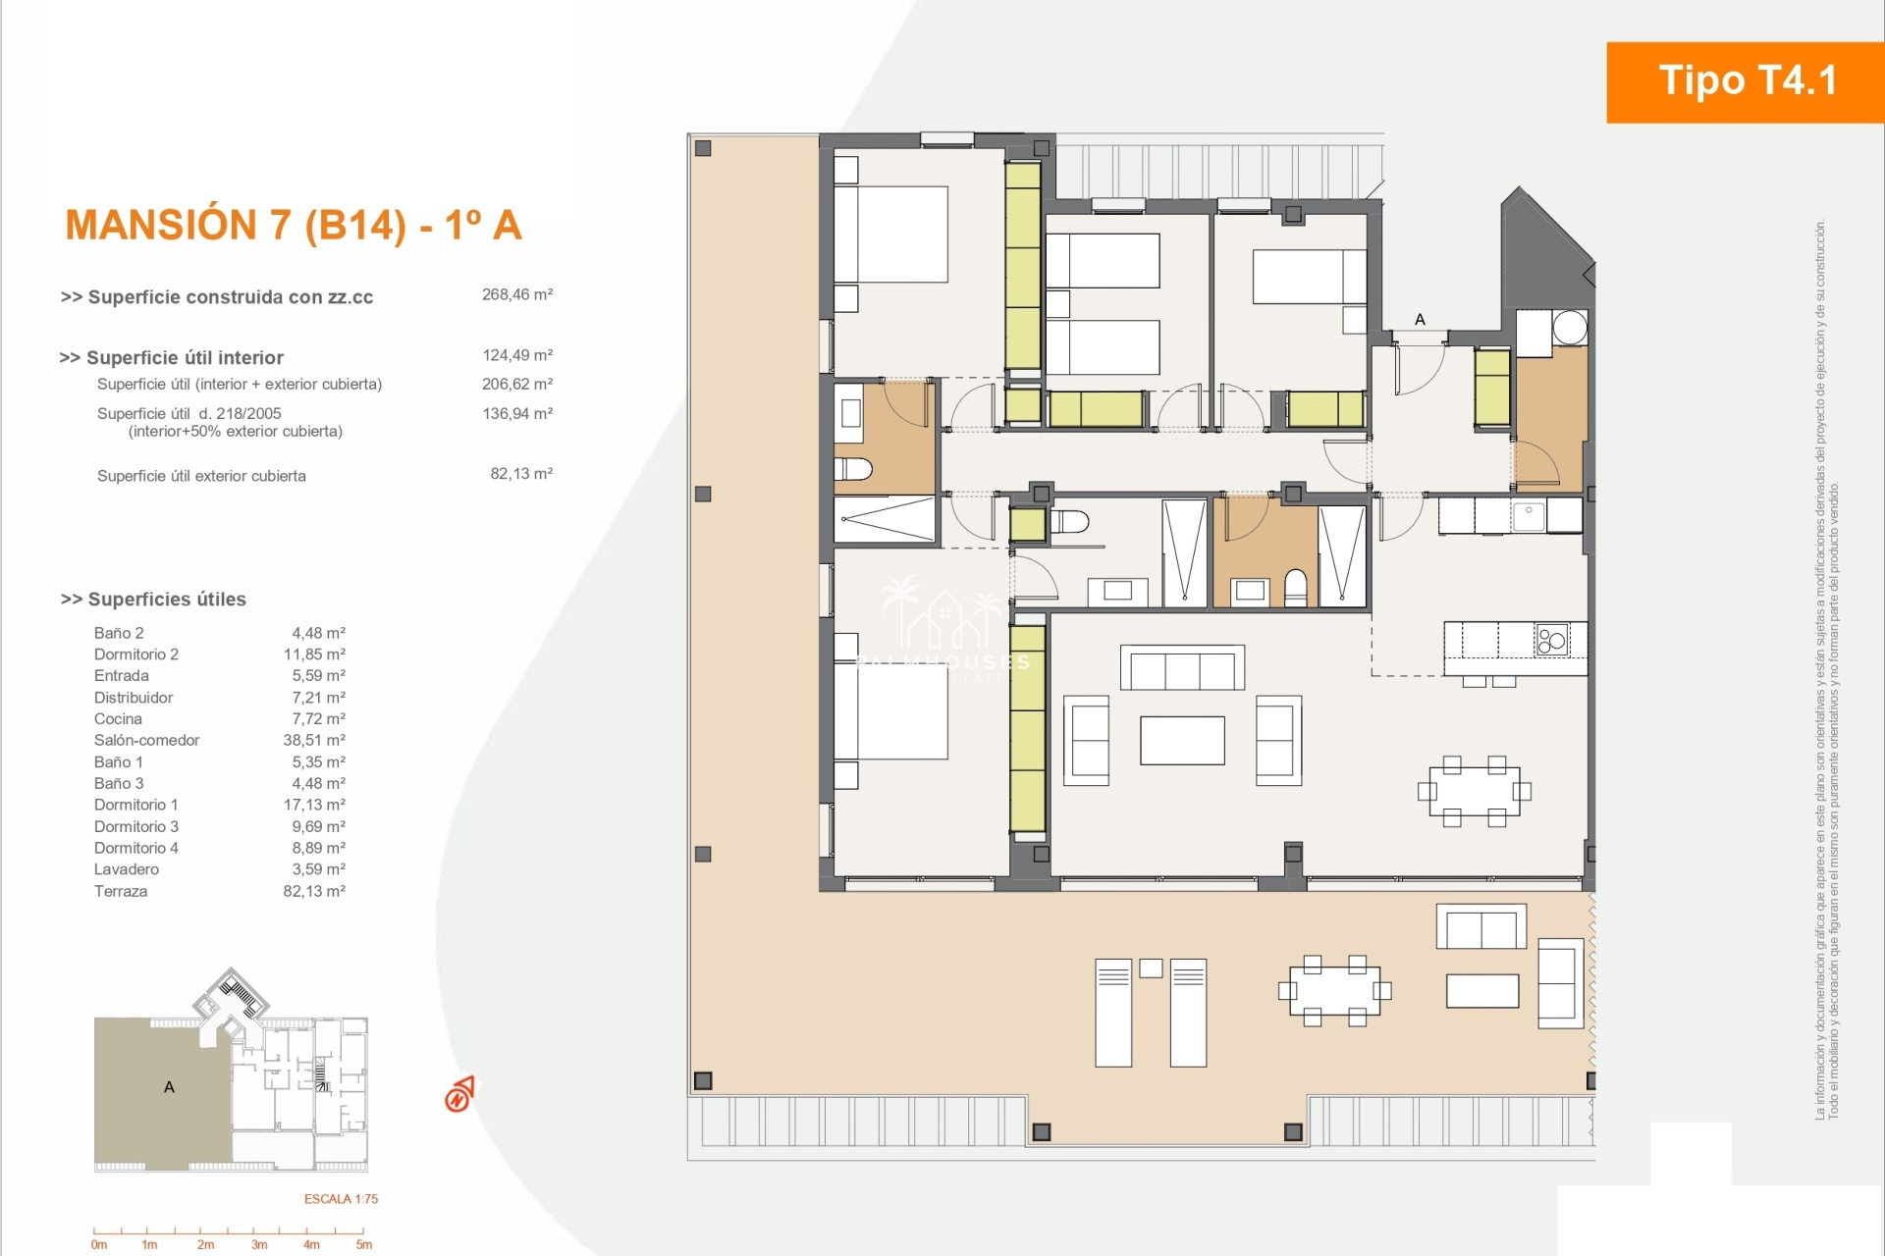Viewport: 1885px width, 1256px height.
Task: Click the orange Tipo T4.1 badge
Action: point(1746,82)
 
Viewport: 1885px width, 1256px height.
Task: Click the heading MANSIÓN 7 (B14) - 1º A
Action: point(294,225)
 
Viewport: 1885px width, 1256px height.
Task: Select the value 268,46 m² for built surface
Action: point(517,294)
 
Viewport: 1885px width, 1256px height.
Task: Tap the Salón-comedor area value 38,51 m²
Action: point(314,740)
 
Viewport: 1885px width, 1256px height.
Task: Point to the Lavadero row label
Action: point(127,869)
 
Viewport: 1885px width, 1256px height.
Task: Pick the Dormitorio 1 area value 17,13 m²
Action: point(314,805)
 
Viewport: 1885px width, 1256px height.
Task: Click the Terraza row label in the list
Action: point(121,891)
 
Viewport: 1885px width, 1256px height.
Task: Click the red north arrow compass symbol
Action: point(459,1094)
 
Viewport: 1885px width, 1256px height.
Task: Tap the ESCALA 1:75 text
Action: point(341,1199)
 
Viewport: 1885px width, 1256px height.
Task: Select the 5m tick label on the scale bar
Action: point(364,1245)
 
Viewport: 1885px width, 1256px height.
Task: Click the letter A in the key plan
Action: point(169,1087)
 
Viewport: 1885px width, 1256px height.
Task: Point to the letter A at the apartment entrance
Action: point(1420,319)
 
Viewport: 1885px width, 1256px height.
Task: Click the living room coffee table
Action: point(1182,740)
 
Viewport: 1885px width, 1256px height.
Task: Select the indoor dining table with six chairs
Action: point(1475,791)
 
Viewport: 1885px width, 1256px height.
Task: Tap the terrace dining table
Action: point(1334,991)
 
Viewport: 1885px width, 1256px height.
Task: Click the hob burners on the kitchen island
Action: point(1552,641)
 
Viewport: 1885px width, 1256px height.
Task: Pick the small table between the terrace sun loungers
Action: point(1151,968)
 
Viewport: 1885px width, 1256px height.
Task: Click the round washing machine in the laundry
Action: point(1569,327)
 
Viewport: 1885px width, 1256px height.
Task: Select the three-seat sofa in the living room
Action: point(1183,668)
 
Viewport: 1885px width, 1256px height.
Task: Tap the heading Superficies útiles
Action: point(153,600)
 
